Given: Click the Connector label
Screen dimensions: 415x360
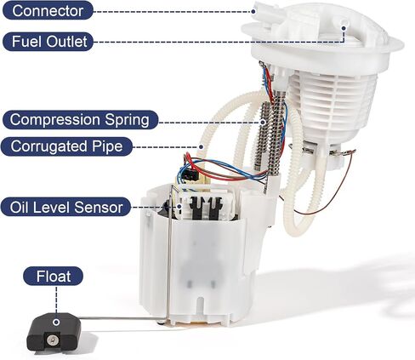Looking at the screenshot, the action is coord(48,10).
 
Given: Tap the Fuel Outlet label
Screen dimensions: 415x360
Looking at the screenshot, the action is coord(48,42).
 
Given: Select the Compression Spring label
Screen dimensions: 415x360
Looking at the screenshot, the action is coord(80,120).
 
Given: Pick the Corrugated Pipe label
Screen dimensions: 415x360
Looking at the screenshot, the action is coord(66,146).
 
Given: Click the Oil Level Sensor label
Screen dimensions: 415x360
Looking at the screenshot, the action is coord(65,207).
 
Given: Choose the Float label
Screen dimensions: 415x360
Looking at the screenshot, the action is coord(54,276).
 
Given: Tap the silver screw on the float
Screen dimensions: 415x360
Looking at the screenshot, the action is coord(53,340).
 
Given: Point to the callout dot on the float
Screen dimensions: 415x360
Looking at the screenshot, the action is coord(56,322).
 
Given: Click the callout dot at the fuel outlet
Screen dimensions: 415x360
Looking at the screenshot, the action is coord(344,28).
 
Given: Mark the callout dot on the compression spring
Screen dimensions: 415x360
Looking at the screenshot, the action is coord(263,123).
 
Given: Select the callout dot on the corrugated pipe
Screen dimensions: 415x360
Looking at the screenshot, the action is coord(201,147).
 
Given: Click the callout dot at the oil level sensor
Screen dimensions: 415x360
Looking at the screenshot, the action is coord(179,207).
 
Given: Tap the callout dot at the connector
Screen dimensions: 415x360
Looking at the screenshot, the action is coord(253,11).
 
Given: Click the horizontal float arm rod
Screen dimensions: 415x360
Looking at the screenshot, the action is coord(118,318).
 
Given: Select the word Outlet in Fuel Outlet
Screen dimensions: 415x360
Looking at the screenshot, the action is coord(66,42).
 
